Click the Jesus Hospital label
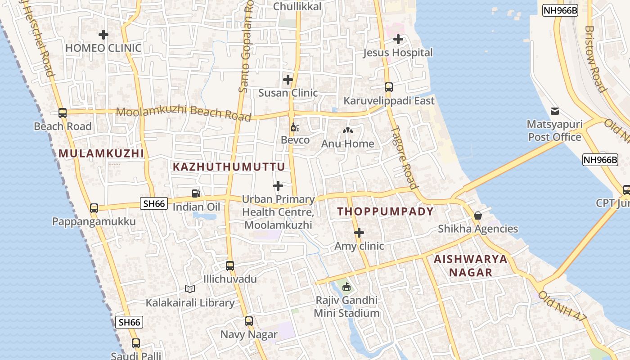[398, 53]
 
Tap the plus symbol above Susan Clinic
[288, 80]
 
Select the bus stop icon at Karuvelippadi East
[389, 87]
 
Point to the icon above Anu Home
[347, 131]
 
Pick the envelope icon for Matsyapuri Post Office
[554, 111]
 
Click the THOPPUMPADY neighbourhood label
[386, 211]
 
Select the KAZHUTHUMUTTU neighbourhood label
[229, 167]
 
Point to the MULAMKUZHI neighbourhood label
[101, 153]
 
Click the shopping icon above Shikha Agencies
[478, 216]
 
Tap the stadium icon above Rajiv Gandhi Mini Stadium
[346, 287]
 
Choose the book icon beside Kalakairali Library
[190, 289]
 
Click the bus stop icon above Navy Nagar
[249, 321]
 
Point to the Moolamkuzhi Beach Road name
[184, 113]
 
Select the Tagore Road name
[403, 157]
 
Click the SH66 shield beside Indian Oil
[154, 203]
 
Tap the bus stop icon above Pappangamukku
[94, 208]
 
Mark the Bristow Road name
[595, 58]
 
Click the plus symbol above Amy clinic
[359, 233]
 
